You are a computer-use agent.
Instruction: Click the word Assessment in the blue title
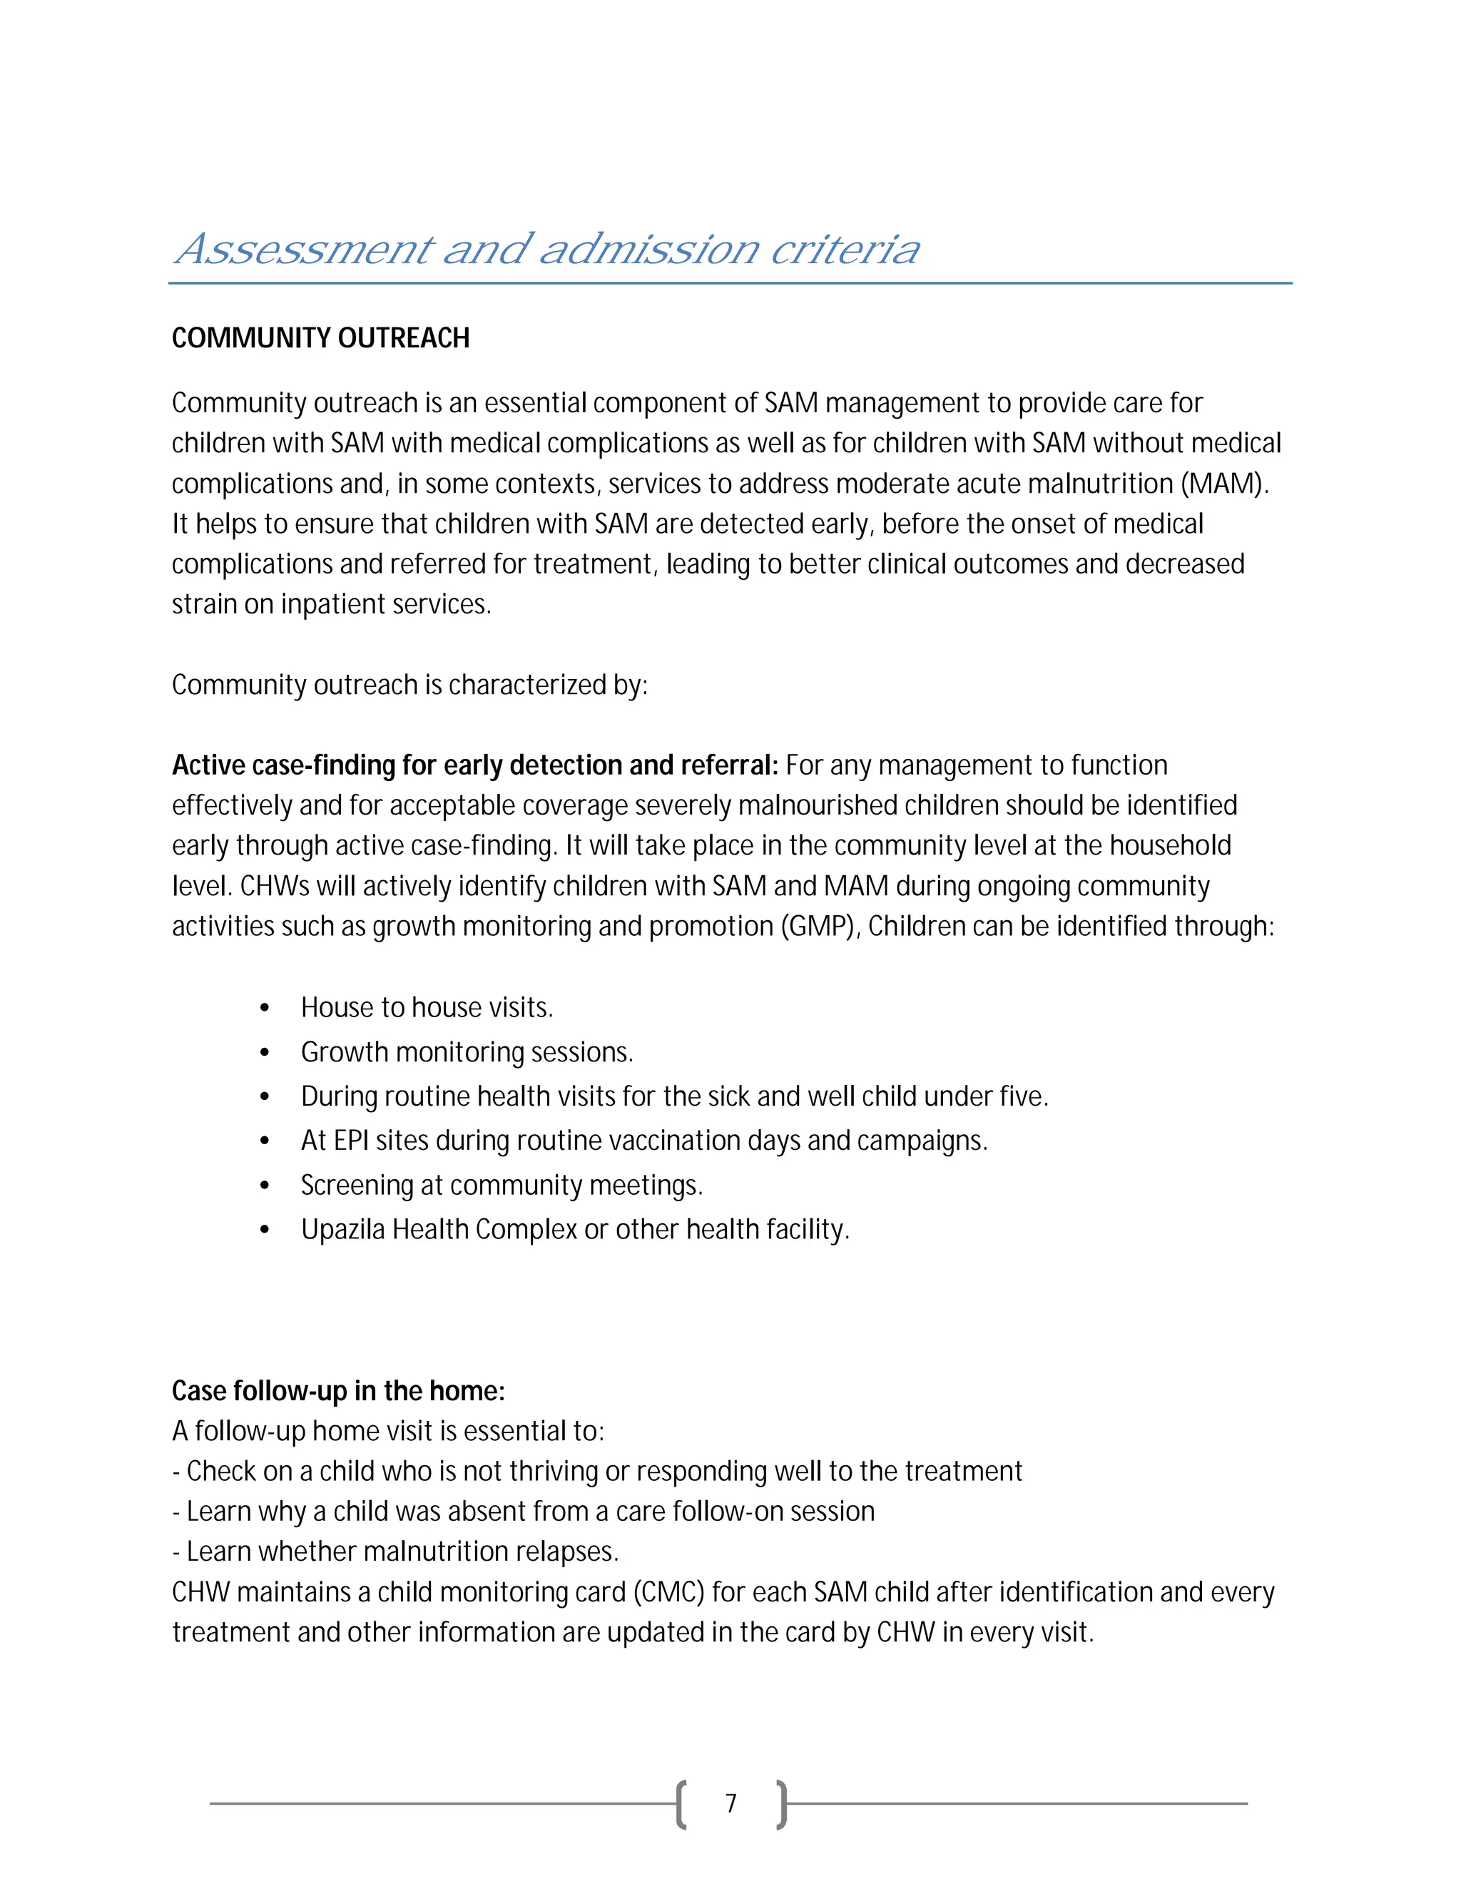303,250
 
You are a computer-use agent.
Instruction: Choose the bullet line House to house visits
426,1008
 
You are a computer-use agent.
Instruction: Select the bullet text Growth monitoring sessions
467,1052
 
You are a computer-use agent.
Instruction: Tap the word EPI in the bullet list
352,1141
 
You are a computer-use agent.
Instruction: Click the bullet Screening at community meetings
502,1186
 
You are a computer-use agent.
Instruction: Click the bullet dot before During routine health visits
265,1097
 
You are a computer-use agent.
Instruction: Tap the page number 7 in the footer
731,1803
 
